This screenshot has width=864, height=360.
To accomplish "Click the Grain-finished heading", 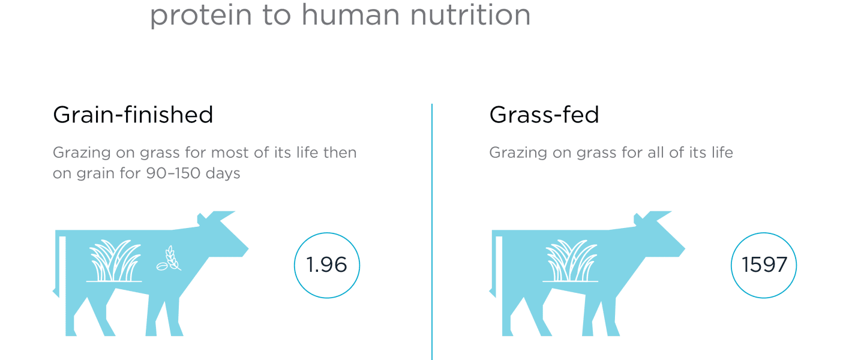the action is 133,115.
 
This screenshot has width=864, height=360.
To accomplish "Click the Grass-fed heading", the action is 544,115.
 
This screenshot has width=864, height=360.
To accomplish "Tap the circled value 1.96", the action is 326,265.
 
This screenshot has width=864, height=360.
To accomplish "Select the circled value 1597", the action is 764,265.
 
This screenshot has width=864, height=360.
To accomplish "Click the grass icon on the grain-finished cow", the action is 114,261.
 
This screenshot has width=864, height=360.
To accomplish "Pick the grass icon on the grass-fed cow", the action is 571,261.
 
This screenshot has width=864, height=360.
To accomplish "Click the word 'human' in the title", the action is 350,16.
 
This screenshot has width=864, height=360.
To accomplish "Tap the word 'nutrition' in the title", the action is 470,16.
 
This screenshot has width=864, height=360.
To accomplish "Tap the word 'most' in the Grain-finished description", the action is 230,153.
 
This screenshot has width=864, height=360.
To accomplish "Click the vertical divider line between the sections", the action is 432,232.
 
